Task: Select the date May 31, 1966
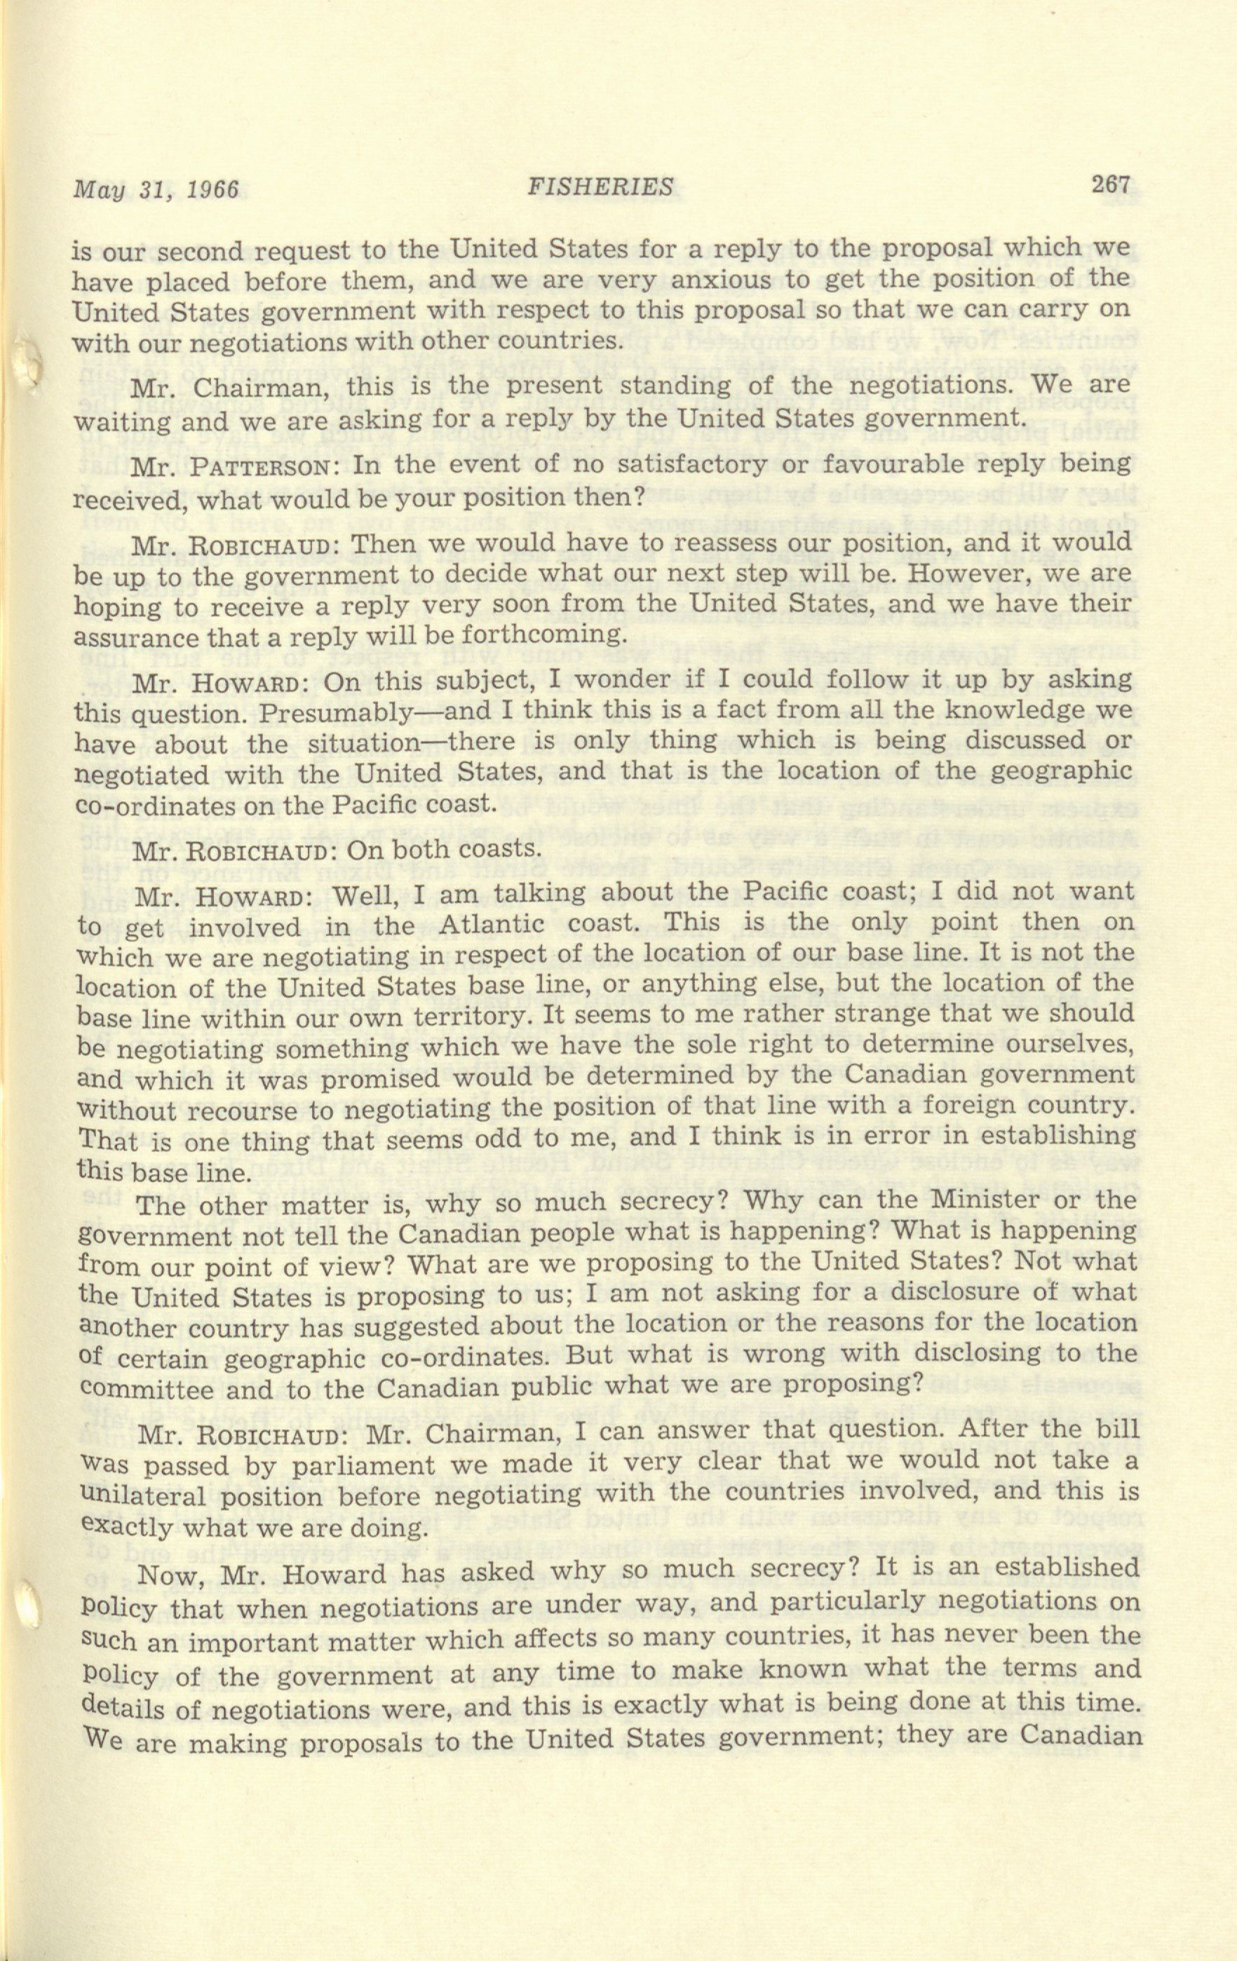point(156,191)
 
